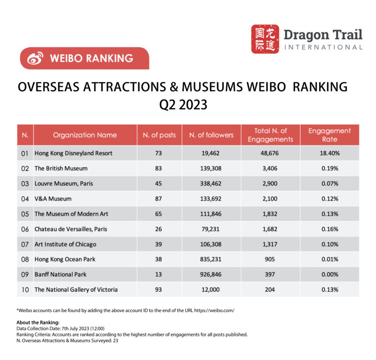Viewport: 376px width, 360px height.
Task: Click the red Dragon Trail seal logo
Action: (x=265, y=39)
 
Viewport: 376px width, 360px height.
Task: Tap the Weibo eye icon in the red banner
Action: (x=35, y=58)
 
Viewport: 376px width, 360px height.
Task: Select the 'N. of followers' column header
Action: (x=211, y=135)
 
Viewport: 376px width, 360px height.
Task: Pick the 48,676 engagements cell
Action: (x=270, y=153)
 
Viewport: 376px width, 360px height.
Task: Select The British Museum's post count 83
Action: (x=159, y=168)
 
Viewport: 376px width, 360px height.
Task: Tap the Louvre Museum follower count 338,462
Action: (x=211, y=183)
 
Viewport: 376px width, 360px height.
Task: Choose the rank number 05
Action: (x=25, y=214)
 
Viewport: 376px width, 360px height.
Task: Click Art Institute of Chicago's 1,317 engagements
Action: (x=270, y=244)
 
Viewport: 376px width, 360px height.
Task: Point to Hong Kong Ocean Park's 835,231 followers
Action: (x=211, y=259)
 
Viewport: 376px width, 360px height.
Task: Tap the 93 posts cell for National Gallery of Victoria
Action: (x=159, y=289)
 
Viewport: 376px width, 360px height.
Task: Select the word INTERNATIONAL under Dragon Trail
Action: (x=323, y=47)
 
